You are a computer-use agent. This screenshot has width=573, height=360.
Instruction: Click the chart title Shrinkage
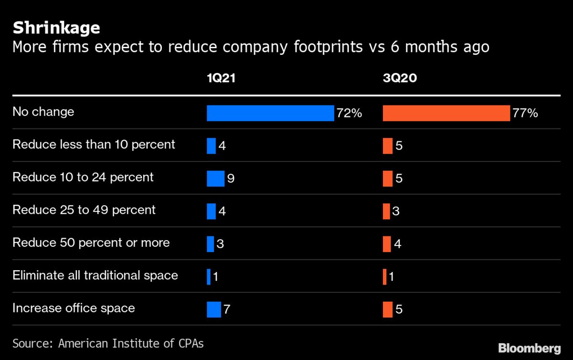[x=56, y=28]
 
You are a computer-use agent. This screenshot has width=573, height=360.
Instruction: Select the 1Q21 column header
[x=221, y=79]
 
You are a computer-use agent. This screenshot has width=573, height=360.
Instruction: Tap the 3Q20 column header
[x=400, y=79]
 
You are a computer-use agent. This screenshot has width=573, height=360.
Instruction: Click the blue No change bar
[x=270, y=113]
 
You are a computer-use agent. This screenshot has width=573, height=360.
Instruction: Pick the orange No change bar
[x=446, y=113]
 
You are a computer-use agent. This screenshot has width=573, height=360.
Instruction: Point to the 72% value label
[x=349, y=114]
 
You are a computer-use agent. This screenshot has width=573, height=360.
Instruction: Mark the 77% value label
[x=525, y=114]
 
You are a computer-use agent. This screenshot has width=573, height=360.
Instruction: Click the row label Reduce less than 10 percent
[x=94, y=144]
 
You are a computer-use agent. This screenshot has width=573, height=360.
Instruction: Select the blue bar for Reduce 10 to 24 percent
[x=215, y=179]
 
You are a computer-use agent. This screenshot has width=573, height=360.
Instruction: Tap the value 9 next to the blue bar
[x=231, y=179]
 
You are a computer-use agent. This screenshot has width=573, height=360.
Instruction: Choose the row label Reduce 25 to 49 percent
[x=84, y=210]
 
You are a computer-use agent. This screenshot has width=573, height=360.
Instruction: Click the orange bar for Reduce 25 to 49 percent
[x=386, y=211]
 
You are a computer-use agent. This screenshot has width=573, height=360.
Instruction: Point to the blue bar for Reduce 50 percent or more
[x=211, y=244]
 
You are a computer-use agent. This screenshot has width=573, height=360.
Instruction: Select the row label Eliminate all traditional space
[x=95, y=275]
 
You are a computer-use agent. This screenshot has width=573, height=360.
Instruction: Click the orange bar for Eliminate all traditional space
[x=384, y=277]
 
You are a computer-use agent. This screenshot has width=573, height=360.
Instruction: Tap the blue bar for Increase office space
[x=214, y=309]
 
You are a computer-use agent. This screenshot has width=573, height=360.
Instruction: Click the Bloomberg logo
[x=530, y=348]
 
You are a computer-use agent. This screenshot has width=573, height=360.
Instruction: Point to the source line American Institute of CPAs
[x=108, y=343]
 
